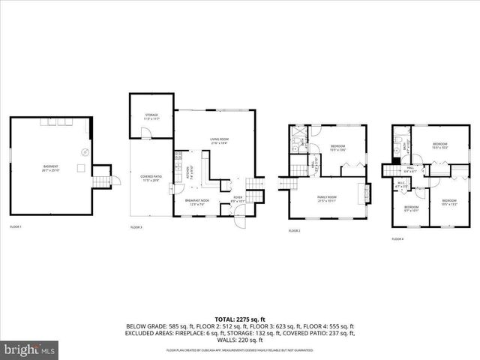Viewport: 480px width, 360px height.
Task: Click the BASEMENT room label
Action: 51,168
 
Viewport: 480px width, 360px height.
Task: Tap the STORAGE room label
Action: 152,116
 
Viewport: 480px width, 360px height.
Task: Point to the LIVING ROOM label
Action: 218,140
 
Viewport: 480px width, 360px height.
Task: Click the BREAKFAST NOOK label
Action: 197,202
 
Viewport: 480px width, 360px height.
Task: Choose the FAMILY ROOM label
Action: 326,199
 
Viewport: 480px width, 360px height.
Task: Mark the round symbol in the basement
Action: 85,153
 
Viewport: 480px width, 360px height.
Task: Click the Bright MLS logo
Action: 30,349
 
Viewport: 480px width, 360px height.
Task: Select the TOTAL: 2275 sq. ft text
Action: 239,319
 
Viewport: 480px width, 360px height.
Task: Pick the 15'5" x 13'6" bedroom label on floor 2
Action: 337,148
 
